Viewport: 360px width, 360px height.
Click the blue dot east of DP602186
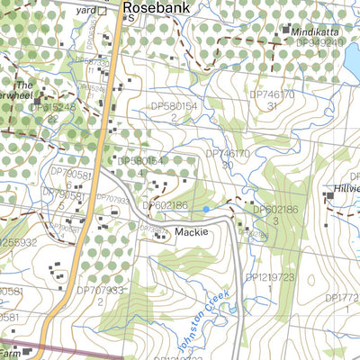pyautogui.click(x=206, y=209)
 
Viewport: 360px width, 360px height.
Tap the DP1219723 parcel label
pyautogui.click(x=270, y=277)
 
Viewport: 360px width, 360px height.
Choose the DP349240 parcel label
pyautogui.click(x=319, y=42)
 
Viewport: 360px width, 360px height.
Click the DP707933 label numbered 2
pyautogui.click(x=100, y=291)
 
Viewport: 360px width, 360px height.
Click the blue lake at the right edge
pyautogui.click(x=352, y=59)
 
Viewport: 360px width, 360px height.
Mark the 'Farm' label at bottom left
pyautogui.click(x=9, y=343)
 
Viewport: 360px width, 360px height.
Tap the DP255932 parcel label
pyautogui.click(x=16, y=242)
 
